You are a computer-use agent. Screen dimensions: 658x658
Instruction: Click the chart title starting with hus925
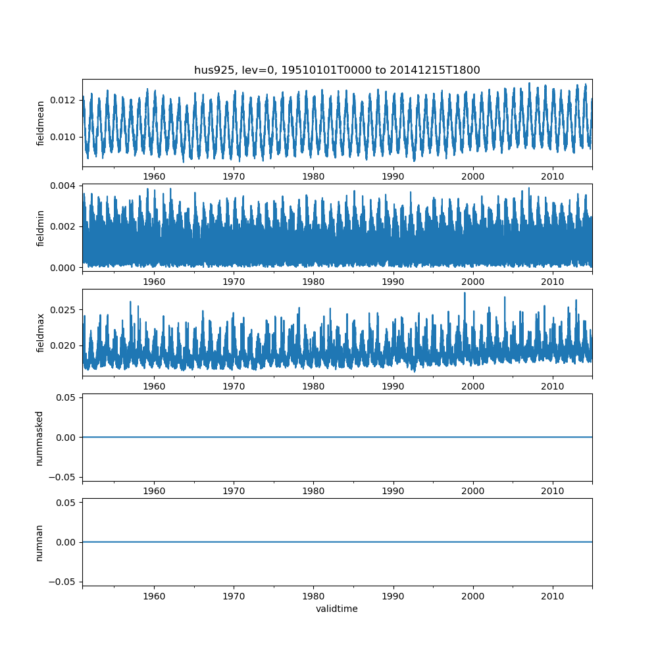coord(337,70)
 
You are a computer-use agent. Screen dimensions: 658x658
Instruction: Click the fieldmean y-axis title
coord(41,123)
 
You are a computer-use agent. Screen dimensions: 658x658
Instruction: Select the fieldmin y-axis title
coord(41,228)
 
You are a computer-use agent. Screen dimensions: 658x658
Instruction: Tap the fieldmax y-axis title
coord(41,333)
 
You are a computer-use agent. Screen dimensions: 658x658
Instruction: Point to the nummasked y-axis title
coord(39,438)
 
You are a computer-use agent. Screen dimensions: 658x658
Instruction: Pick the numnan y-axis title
coord(39,542)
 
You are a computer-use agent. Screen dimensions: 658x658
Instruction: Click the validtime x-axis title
coord(337,609)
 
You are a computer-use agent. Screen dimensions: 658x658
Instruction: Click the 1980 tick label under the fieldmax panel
coord(313,386)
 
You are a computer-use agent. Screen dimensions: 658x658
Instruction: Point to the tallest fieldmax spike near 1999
coord(465,293)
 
